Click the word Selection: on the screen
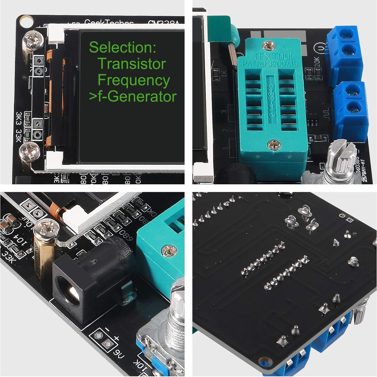(x=122, y=47)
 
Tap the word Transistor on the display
(x=132, y=64)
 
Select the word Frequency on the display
(x=134, y=80)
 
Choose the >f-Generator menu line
(x=133, y=96)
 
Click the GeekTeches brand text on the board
(x=109, y=23)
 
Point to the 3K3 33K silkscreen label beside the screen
(x=19, y=127)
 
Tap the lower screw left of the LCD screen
(x=30, y=152)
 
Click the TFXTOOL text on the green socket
(x=273, y=56)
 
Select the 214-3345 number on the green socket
(x=271, y=100)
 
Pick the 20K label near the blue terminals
(x=317, y=62)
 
